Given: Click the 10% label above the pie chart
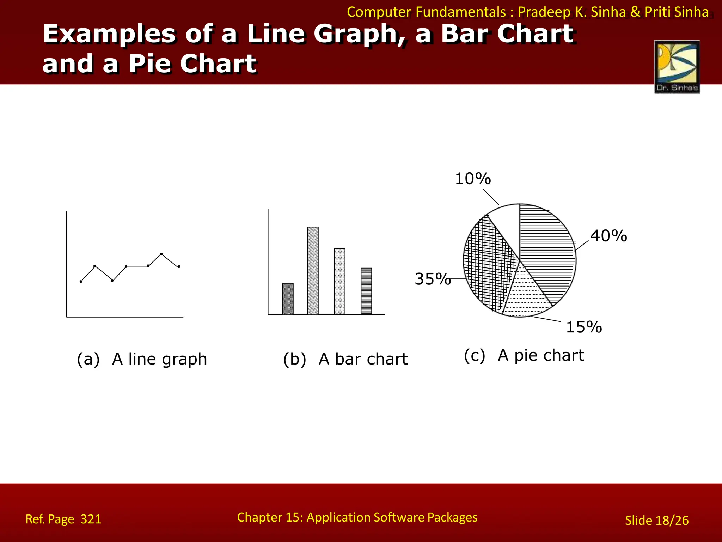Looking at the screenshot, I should pyautogui.click(x=473, y=179).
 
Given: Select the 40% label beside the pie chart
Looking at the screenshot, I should pyautogui.click(x=609, y=236).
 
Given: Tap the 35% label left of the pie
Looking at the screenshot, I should pyautogui.click(x=433, y=279).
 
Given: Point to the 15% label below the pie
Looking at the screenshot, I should pyautogui.click(x=584, y=327).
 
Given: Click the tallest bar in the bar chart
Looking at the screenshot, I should pyautogui.click(x=313, y=271).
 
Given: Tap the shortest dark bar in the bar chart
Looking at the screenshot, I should pyautogui.click(x=288, y=299).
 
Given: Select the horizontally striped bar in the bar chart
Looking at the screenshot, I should pyautogui.click(x=366, y=291).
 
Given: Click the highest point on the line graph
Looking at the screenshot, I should pyautogui.click(x=161, y=254).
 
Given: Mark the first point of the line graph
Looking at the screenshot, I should pyautogui.click(x=81, y=282).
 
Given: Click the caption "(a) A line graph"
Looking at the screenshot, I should pyautogui.click(x=142, y=359).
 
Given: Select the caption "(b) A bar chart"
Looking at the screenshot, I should pyautogui.click(x=345, y=359).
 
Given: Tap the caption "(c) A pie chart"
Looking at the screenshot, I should pyautogui.click(x=524, y=355).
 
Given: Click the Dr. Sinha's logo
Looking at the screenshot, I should pyautogui.click(x=677, y=67).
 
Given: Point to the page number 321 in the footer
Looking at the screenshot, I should pyautogui.click(x=91, y=519).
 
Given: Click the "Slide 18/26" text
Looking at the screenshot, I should pyautogui.click(x=656, y=520).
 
